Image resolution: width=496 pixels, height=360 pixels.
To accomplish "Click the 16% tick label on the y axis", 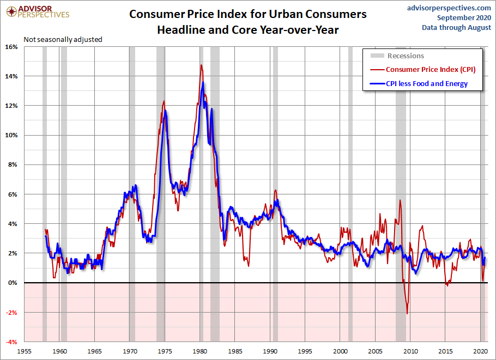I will [12, 47].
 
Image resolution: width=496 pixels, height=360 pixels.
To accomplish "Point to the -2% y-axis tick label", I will [11, 312].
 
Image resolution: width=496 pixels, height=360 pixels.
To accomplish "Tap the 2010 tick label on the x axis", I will [410, 351].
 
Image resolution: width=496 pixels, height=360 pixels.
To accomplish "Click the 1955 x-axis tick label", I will [25, 351].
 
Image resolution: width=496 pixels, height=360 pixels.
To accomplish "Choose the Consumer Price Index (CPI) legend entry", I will [431, 69].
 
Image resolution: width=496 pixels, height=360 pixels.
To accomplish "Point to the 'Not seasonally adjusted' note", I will [63, 39].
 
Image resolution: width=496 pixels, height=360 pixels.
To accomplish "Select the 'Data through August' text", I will [456, 28].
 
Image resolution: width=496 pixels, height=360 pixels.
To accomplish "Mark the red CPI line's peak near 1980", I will [201, 65].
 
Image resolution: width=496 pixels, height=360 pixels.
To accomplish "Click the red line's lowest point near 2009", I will [407, 313].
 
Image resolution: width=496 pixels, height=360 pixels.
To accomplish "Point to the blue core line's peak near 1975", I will [165, 111].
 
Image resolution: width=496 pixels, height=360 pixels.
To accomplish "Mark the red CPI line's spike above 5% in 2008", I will [400, 200].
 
